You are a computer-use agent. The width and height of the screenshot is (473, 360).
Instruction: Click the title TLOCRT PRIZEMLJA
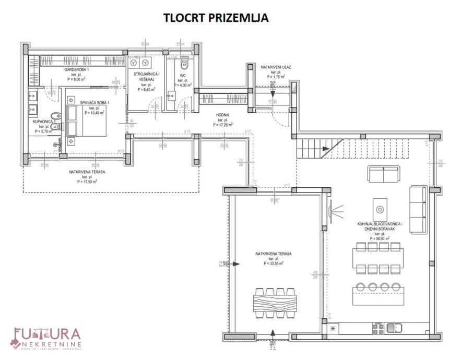pyautogui.click(x=216, y=18)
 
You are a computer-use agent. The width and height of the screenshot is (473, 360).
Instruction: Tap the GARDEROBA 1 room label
pyautogui.click(x=77, y=69)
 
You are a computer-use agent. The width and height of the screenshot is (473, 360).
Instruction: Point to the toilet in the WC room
pyautogui.click(x=184, y=66)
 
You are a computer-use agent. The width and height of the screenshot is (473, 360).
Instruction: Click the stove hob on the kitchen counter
pyautogui.click(x=377, y=328)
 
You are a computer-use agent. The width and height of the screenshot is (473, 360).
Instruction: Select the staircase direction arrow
pyautogui.click(x=325, y=149)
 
